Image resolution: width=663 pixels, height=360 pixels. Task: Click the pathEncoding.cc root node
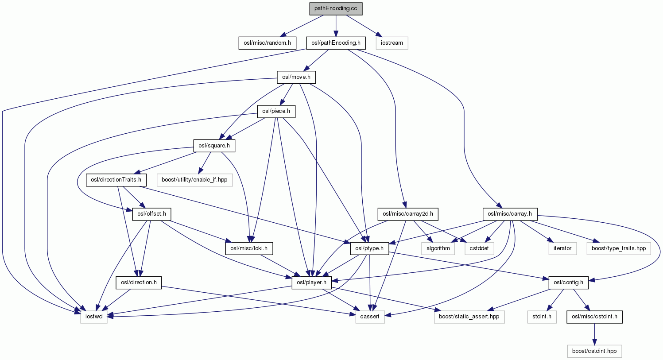336,8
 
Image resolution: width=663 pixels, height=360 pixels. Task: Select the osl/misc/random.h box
267,43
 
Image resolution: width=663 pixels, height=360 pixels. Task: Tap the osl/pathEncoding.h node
336,43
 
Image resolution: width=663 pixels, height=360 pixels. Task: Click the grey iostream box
392,43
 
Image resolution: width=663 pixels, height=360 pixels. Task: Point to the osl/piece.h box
276,111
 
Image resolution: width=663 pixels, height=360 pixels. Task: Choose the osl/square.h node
214,145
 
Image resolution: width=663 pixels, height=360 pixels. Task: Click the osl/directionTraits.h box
116,180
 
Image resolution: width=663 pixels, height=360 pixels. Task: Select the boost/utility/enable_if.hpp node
194,180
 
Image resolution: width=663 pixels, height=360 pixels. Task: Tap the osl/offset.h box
152,214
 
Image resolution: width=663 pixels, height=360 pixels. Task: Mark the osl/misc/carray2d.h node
407,214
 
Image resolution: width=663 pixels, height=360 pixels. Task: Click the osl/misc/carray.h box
509,214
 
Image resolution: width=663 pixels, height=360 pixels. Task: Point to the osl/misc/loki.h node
249,248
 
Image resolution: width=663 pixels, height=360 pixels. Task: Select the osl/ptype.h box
369,248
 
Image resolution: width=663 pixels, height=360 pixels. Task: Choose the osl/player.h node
311,283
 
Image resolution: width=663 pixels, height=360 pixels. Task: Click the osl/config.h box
568,283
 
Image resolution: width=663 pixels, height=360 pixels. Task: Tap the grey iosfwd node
94,317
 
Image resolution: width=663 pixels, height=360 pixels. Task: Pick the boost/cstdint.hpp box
594,351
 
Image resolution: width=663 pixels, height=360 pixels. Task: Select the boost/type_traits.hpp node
618,248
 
